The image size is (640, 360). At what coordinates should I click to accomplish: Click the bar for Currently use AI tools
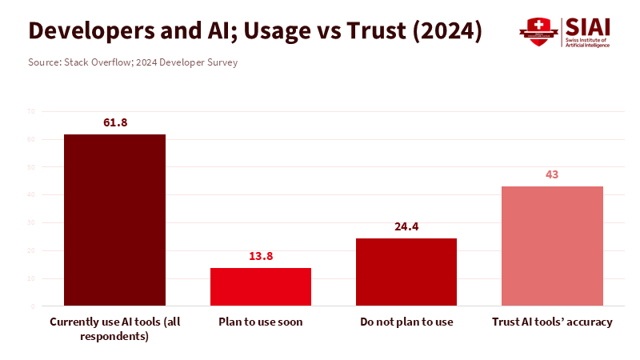coord(115,220)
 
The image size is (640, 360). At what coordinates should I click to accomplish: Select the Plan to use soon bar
coord(261,286)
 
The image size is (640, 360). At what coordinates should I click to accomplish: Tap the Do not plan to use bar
coord(406,272)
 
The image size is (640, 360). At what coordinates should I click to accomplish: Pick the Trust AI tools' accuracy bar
coord(552,246)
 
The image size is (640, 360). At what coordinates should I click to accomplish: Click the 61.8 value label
coord(115,122)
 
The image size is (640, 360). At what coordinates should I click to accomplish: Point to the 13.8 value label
coord(261,256)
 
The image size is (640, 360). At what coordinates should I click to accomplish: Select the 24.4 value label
coord(406,226)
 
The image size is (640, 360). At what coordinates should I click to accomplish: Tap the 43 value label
coord(552,174)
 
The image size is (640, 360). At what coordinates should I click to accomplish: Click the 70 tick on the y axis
coord(30,111)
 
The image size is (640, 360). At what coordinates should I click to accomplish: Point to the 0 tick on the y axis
coord(33,306)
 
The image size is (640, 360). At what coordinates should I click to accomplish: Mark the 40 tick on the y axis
coord(30,194)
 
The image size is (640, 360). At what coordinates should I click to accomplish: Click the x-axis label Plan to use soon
coord(261,322)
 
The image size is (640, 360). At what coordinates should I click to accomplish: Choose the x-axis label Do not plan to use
coord(406,322)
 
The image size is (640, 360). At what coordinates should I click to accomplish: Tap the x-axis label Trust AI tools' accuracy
coord(552,322)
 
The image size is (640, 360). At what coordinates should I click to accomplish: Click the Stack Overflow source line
coord(133,62)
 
